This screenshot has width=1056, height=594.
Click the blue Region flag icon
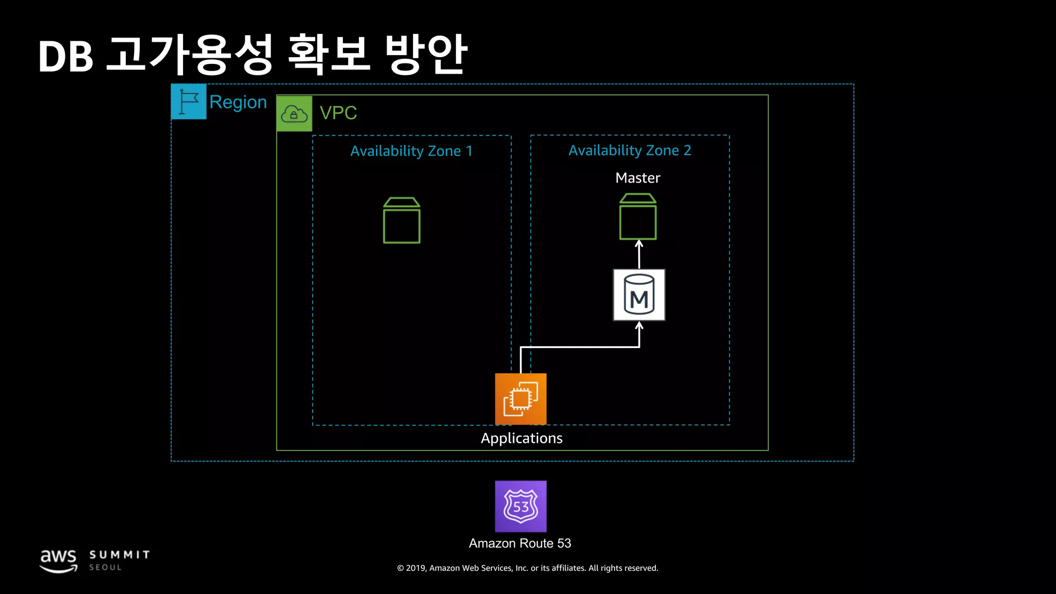[189, 102]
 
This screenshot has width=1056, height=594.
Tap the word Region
[238, 102]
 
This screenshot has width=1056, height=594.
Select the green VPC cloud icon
[294, 113]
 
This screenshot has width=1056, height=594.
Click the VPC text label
[338, 113]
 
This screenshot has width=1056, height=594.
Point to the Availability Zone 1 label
[411, 151]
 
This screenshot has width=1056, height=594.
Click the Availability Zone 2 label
[630, 151]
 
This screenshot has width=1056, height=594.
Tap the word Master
[638, 178]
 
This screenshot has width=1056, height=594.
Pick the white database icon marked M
[639, 295]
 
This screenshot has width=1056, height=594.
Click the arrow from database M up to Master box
[639, 255]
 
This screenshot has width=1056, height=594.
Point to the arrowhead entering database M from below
[639, 326]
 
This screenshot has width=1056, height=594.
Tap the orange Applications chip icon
[521, 399]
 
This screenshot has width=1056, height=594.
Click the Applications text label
[521, 438]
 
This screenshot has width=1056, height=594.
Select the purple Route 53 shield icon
[521, 506]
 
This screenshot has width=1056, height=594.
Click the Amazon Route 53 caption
[520, 543]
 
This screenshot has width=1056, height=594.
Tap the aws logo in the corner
[59, 560]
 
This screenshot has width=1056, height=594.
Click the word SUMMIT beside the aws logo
[120, 555]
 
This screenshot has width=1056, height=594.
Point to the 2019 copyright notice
[527, 568]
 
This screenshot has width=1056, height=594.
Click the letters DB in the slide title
[66, 57]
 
